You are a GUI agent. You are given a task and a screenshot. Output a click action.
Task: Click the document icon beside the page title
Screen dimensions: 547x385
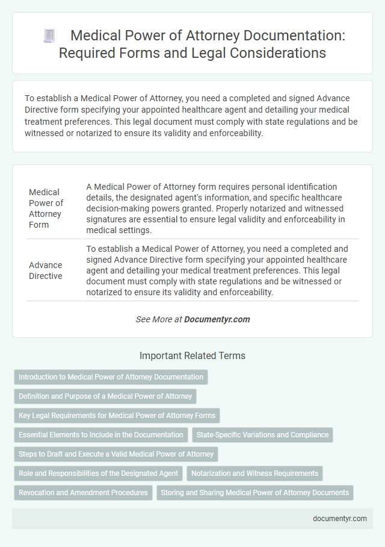click(x=49, y=36)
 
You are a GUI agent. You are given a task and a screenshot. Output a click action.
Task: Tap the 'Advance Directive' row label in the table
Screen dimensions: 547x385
click(x=46, y=270)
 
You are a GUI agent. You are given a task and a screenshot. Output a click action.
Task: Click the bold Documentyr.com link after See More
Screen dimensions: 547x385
click(x=218, y=319)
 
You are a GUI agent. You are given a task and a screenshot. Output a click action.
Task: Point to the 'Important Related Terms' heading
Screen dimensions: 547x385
click(x=192, y=356)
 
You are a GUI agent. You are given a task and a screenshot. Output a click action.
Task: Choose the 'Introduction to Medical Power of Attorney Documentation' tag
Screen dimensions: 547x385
click(x=111, y=377)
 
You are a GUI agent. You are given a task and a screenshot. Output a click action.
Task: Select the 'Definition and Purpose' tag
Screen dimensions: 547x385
click(x=105, y=396)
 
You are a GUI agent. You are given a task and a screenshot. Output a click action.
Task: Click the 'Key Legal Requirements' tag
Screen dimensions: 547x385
click(x=117, y=416)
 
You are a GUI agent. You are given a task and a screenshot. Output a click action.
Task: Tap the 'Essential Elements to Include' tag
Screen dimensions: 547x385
click(x=101, y=435)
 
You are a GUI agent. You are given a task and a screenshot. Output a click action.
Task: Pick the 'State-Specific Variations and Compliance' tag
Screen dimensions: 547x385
click(x=262, y=435)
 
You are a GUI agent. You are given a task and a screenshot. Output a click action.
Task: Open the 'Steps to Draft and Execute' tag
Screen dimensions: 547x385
click(x=116, y=454)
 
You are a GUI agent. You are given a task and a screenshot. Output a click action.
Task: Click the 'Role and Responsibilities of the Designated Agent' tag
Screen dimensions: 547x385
click(x=98, y=474)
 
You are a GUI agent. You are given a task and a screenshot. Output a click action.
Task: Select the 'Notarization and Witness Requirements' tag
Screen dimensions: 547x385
click(x=255, y=474)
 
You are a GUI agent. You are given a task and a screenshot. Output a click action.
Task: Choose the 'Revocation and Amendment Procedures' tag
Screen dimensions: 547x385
click(x=83, y=493)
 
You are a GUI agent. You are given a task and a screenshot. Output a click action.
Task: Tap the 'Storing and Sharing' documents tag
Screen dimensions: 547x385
click(x=254, y=493)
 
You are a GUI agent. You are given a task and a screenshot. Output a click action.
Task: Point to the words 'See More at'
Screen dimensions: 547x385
click(x=159, y=319)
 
